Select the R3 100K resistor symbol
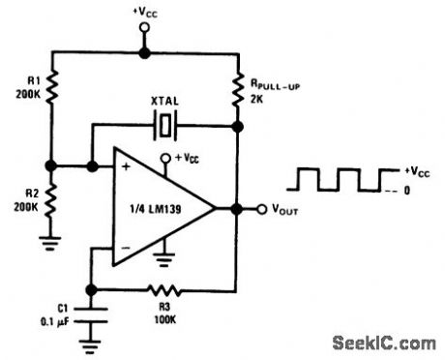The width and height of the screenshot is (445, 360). point(163,287)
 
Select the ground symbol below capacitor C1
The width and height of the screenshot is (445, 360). point(91,340)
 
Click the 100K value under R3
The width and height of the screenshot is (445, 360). point(162,316)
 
